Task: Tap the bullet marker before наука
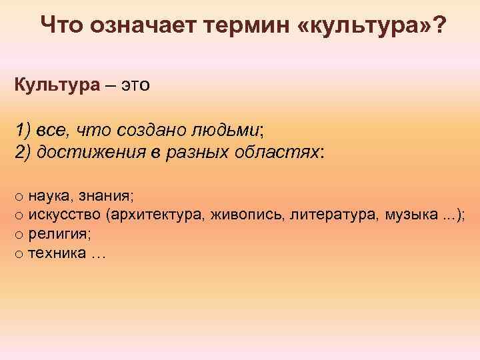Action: [19, 197]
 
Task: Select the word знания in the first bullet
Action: [107, 196]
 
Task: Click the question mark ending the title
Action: [440, 26]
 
